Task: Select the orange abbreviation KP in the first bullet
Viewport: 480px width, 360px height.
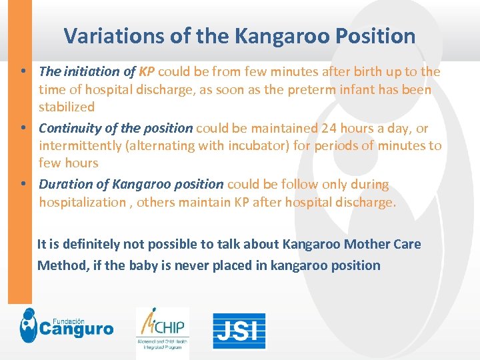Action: [x=147, y=71]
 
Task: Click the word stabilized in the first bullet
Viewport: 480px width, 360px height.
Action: [x=67, y=107]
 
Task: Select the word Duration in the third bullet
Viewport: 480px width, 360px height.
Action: [x=65, y=184]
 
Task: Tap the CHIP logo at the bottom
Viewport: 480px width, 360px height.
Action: [x=162, y=328]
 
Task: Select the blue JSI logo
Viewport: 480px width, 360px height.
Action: [x=239, y=331]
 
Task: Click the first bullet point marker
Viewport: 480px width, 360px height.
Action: [x=23, y=71]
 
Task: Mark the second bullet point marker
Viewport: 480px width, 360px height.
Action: [x=23, y=127]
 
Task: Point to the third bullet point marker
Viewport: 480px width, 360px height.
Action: [x=23, y=184]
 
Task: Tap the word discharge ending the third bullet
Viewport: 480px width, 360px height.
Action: [x=366, y=202]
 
